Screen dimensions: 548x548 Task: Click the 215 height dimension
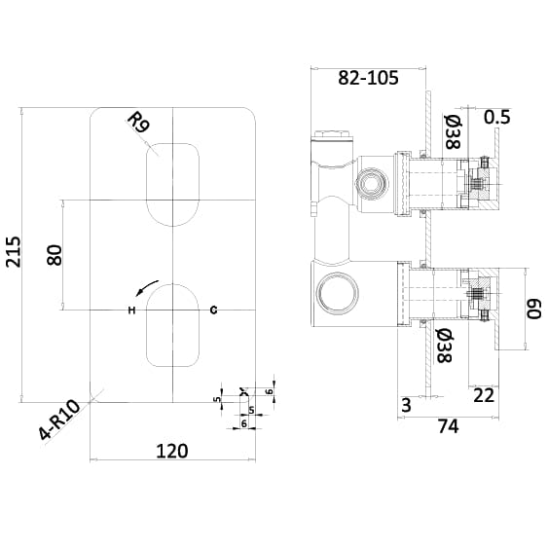(13, 255)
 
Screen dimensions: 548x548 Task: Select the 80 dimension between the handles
(55, 255)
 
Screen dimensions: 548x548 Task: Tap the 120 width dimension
(171, 451)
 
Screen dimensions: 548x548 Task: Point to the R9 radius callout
(138, 123)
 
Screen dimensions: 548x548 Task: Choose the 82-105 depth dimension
(368, 79)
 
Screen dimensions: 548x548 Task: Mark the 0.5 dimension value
(496, 117)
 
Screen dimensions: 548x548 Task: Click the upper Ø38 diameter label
(452, 131)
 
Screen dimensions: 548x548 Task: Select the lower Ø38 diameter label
(443, 347)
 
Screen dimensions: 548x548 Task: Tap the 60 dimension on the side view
(533, 309)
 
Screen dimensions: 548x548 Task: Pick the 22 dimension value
(484, 394)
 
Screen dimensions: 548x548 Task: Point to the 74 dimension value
(448, 425)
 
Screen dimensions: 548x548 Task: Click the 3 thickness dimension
(405, 405)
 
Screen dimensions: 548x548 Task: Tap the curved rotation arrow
(146, 287)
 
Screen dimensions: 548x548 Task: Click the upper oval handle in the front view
(172, 183)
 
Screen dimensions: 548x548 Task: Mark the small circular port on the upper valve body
(369, 181)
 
